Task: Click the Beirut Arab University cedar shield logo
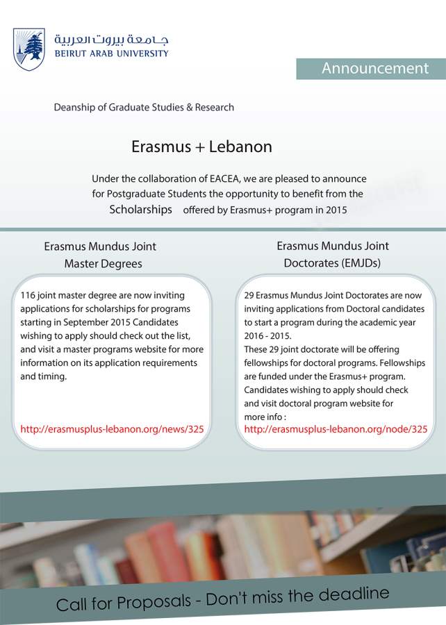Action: tap(28, 49)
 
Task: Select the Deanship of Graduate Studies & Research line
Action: tap(144, 108)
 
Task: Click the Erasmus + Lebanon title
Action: tap(201, 147)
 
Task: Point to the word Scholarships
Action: tap(140, 210)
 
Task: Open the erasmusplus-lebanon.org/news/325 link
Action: tap(112, 429)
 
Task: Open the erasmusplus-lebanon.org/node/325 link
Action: tap(336, 429)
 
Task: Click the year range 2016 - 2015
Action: tap(267, 336)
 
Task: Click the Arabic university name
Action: tap(111, 39)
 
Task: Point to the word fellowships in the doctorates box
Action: tap(273, 362)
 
